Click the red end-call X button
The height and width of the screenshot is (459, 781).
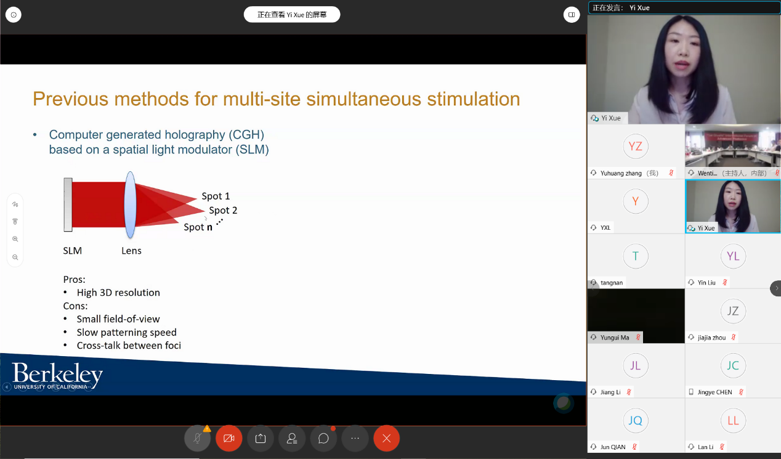tap(386, 438)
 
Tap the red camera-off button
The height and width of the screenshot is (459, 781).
tap(229, 438)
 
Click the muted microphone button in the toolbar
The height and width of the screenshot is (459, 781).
tap(197, 438)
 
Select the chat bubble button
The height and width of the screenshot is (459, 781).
tap(323, 438)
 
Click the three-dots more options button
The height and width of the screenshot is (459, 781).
tap(355, 438)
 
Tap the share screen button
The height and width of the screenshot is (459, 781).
tap(261, 438)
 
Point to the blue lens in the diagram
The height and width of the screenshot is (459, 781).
tap(130, 205)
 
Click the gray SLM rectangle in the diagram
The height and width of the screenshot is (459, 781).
tap(68, 205)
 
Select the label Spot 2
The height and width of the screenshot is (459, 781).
tap(223, 210)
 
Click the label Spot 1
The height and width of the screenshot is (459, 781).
tap(216, 196)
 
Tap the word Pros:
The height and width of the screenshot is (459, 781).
tap(75, 279)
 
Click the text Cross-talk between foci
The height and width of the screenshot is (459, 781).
tap(129, 345)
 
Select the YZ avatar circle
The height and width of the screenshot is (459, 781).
tap(636, 146)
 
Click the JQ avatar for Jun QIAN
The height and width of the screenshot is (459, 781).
tap(636, 420)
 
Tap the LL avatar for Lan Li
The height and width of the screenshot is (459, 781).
tap(733, 420)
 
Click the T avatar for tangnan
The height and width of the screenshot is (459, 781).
tap(636, 256)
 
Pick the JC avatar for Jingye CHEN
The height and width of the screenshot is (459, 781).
tap(733, 365)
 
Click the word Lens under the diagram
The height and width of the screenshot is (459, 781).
tap(131, 250)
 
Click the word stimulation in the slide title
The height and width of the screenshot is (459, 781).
tap(474, 99)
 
